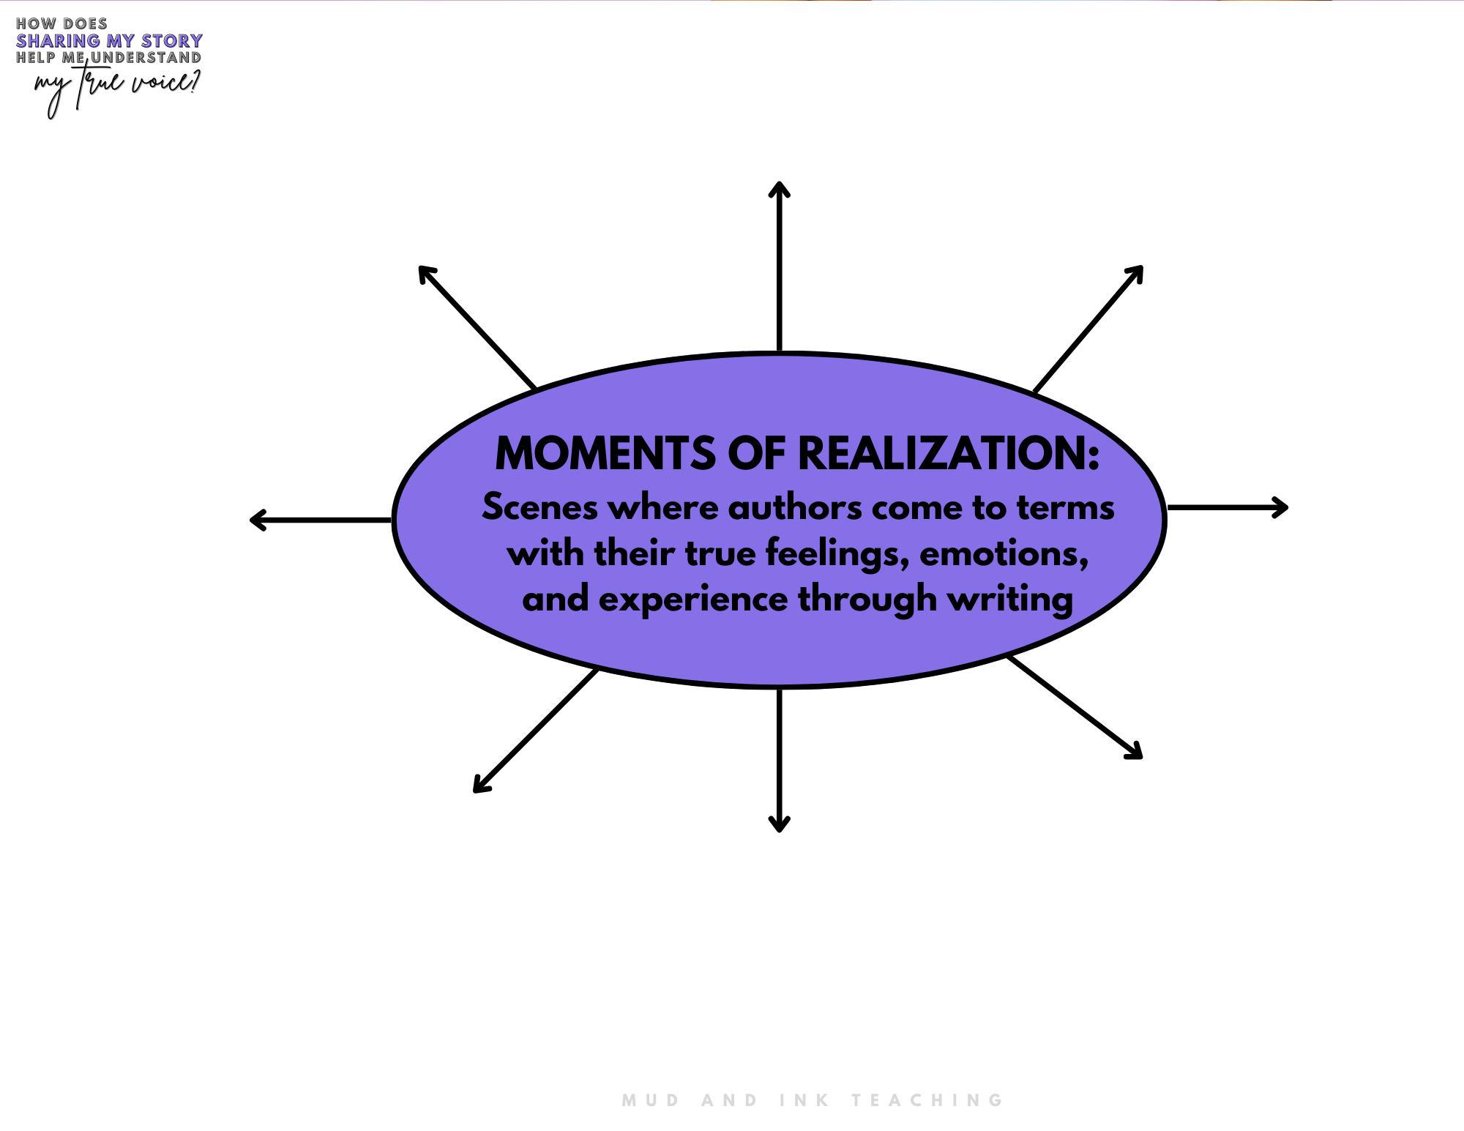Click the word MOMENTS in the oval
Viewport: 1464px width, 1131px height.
(605, 453)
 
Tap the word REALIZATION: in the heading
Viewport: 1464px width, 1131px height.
(948, 453)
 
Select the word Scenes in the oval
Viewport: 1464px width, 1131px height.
(540, 507)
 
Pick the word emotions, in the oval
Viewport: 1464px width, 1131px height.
(1004, 554)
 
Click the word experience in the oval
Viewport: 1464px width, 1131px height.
(693, 600)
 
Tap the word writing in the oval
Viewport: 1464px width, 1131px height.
(1010, 600)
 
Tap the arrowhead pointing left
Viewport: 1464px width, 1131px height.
(258, 520)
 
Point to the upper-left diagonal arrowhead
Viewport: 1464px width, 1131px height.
(426, 274)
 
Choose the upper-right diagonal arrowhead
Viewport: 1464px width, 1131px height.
(1135, 274)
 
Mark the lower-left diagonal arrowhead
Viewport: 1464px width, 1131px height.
(481, 785)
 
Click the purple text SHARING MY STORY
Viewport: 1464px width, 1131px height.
(109, 41)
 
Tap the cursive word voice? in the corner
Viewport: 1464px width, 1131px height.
(165, 83)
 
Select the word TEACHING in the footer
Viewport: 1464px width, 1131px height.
(927, 1100)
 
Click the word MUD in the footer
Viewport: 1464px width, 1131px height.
(651, 1100)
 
